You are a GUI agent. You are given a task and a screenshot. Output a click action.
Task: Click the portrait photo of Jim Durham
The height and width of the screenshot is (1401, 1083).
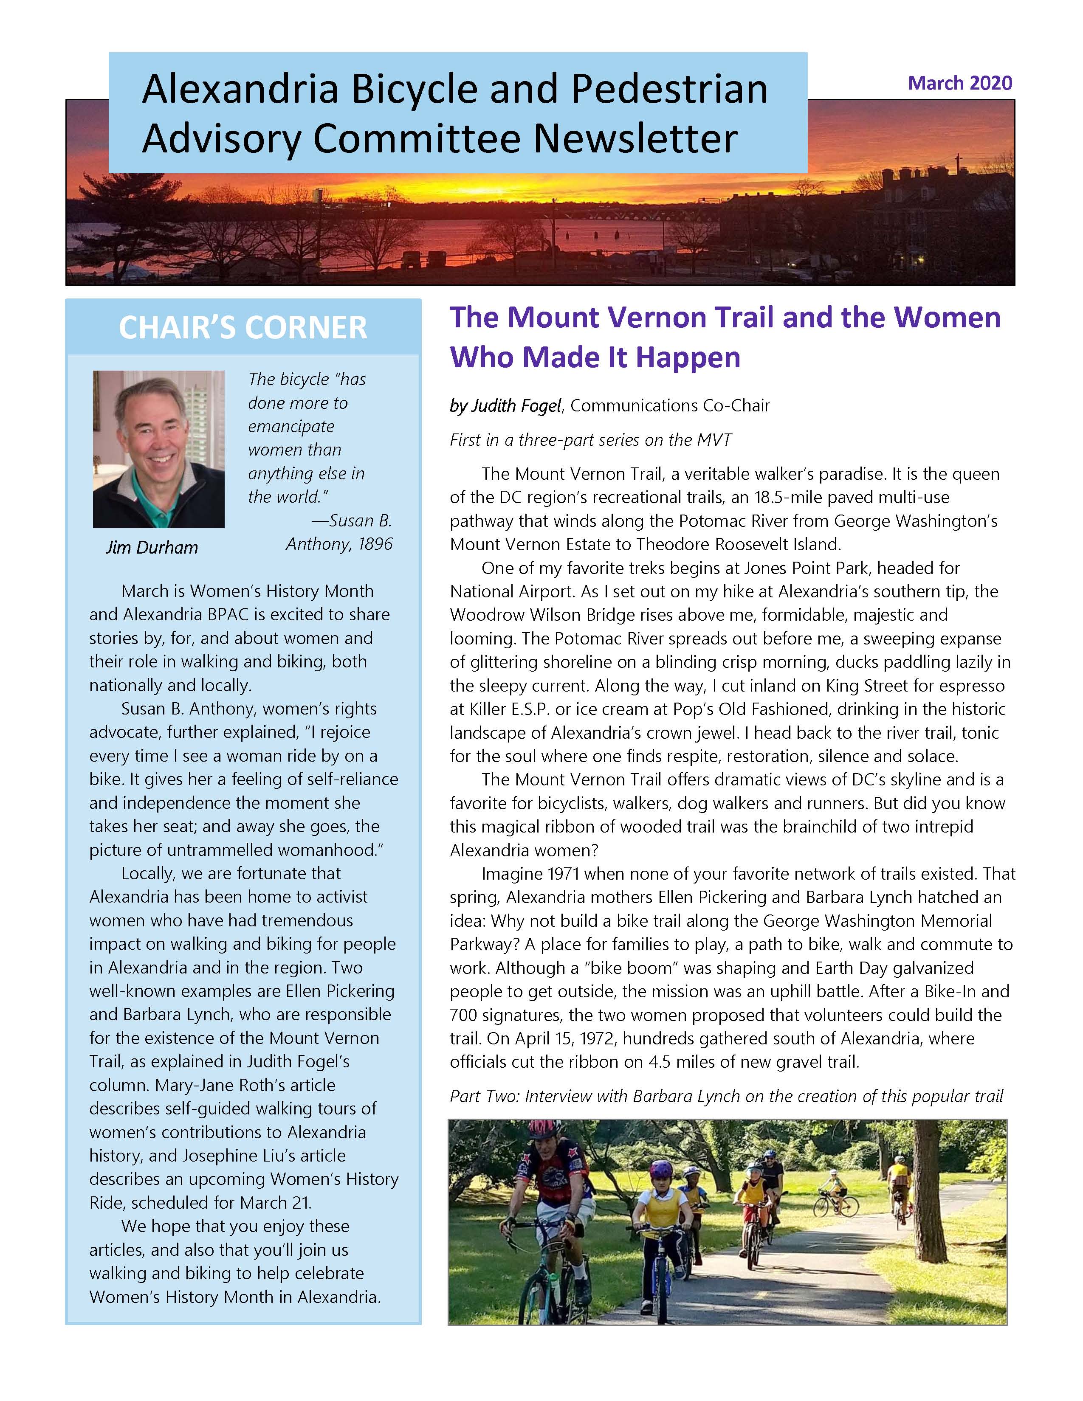pyautogui.click(x=158, y=449)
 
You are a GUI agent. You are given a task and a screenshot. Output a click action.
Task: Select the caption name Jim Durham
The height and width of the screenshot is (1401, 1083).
pyautogui.click(x=152, y=547)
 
